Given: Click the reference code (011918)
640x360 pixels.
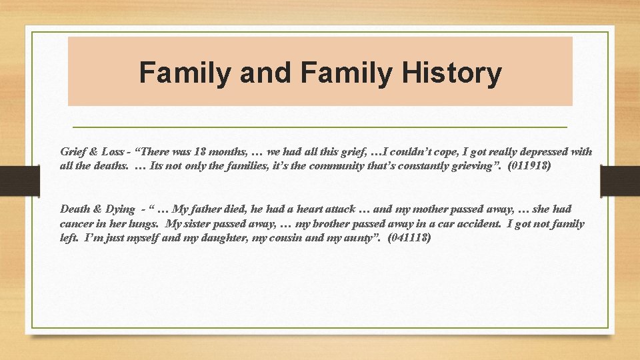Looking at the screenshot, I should [529, 166].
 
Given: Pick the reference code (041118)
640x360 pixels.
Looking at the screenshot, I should [409, 237].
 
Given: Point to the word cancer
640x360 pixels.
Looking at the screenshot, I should [77, 223].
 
